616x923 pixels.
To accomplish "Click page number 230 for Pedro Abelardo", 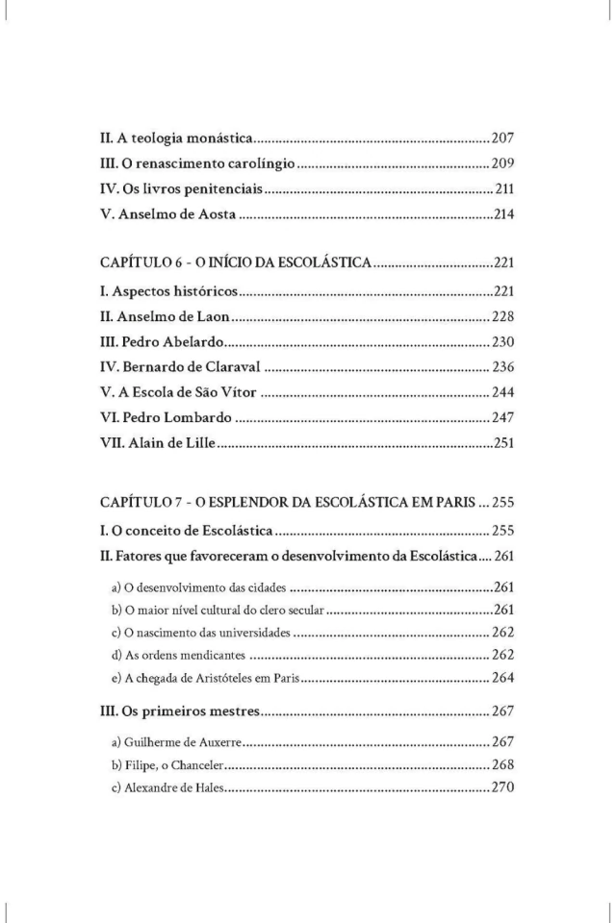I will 503,340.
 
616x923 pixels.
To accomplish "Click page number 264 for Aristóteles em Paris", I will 503,677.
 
